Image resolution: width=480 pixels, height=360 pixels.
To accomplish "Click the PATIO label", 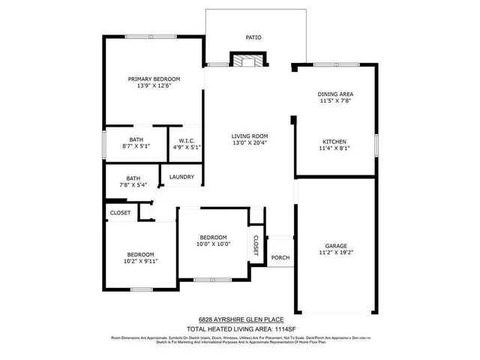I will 253,37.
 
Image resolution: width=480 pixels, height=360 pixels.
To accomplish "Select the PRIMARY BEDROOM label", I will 154,79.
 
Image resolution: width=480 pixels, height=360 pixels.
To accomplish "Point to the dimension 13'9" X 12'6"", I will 154,86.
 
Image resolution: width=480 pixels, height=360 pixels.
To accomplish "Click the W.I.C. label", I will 184,139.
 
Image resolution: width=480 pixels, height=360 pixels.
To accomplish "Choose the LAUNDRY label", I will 181,178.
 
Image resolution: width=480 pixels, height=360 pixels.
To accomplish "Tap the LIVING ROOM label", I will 250,136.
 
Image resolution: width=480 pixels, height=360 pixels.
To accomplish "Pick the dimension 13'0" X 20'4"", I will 250,143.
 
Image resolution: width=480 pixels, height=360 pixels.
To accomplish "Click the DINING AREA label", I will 336,94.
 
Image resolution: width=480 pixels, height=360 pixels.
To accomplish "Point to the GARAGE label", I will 335,246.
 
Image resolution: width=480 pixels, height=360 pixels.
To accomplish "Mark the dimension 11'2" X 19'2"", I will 335,253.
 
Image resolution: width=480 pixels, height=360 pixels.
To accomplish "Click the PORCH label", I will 280,258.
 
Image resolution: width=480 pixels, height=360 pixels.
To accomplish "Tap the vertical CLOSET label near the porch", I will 256,246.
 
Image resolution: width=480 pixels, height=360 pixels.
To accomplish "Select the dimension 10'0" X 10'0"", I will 213,244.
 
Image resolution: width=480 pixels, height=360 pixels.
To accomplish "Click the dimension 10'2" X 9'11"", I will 140,261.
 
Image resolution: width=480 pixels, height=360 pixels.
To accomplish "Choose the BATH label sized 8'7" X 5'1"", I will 136,139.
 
